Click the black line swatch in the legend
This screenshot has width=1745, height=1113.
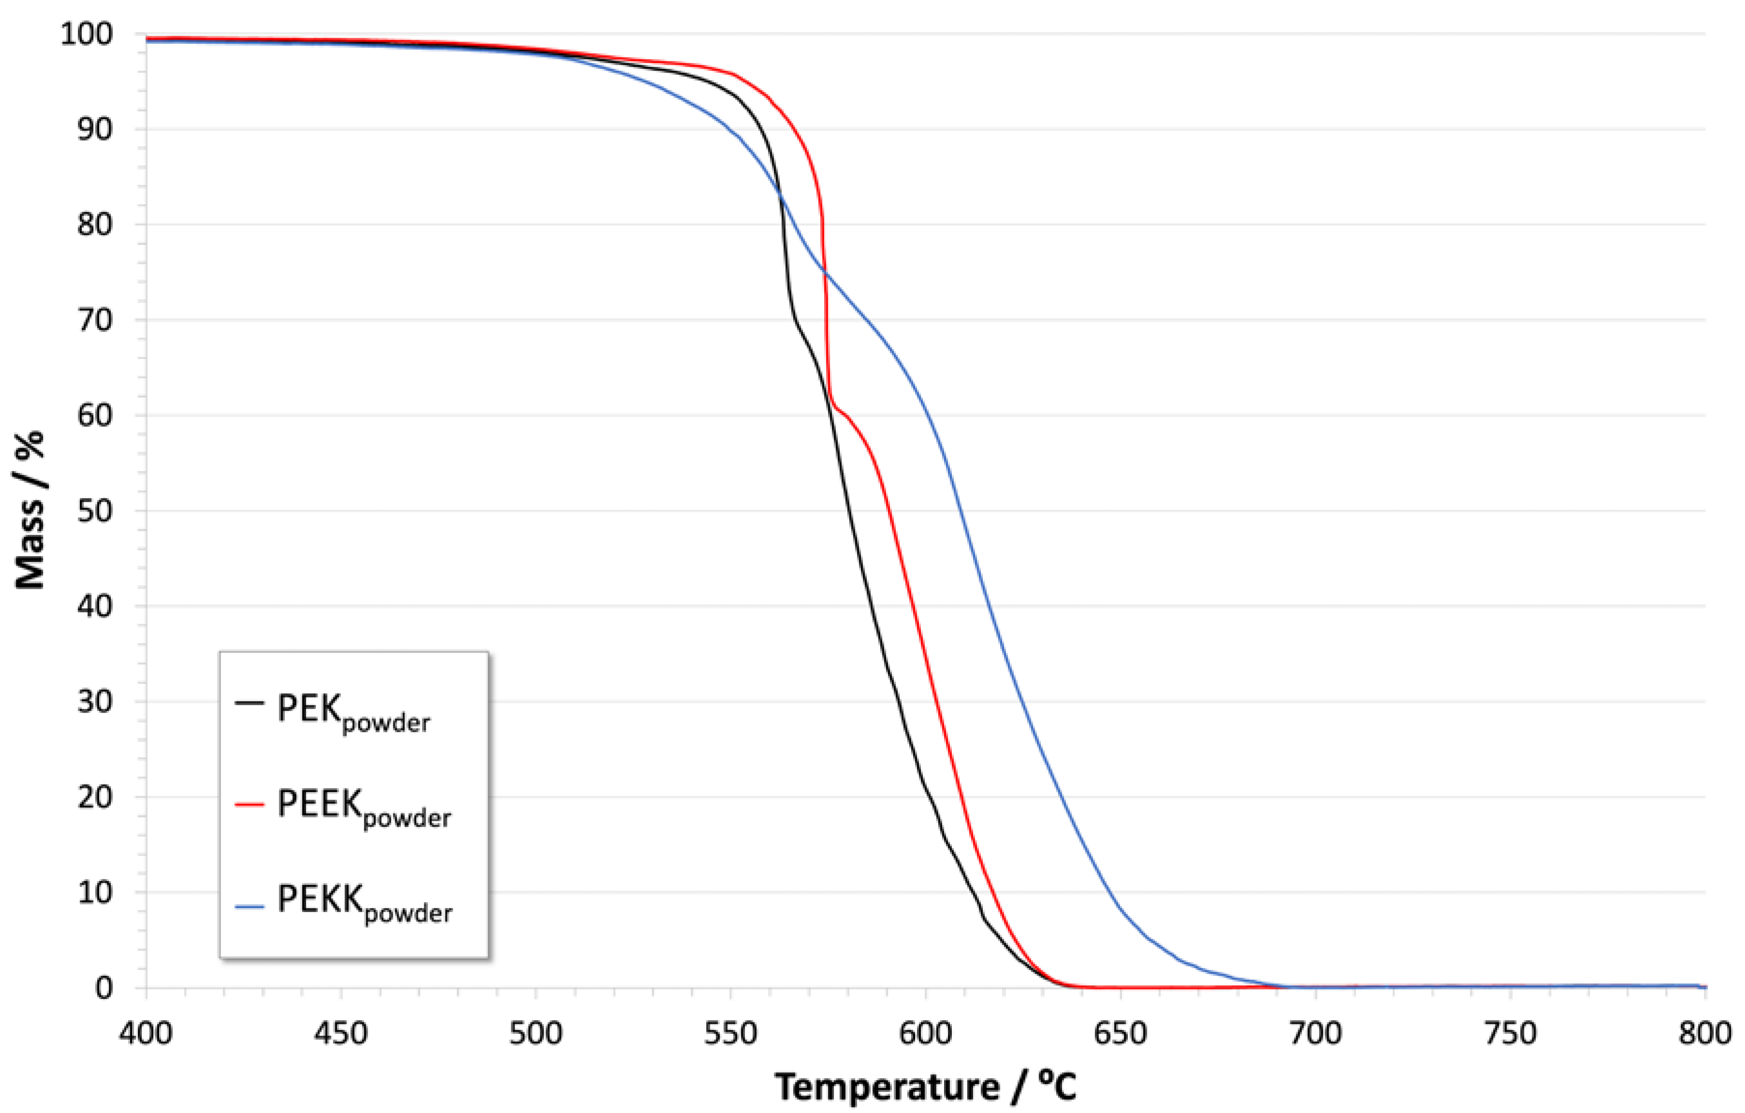(250, 703)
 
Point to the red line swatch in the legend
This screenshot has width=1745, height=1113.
(250, 805)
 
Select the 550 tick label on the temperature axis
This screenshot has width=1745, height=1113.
(730, 1033)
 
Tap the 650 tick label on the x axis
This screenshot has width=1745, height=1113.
(1120, 1033)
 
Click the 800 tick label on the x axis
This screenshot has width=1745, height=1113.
(1704, 1033)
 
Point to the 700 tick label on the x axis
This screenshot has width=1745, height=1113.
(1315, 1033)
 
